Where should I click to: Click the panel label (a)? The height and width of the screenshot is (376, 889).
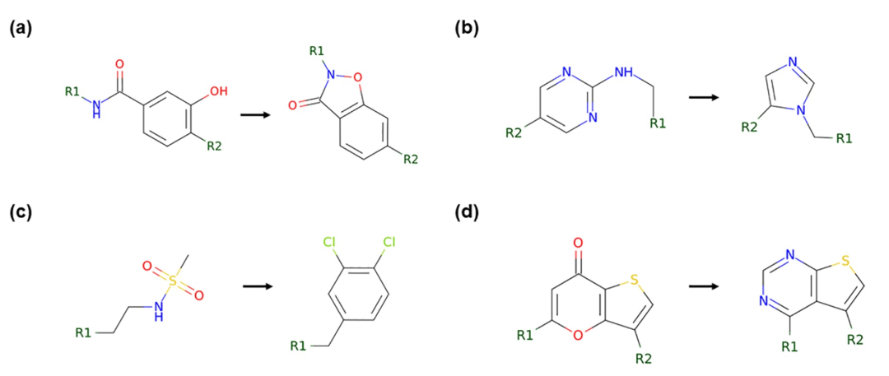[x=21, y=27]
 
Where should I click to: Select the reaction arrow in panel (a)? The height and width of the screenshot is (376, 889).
[x=257, y=114]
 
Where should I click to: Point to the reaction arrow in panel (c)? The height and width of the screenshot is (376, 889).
[x=260, y=287]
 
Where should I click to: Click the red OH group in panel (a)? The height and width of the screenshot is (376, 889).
[x=217, y=91]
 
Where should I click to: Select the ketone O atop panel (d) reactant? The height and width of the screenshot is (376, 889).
[x=577, y=243]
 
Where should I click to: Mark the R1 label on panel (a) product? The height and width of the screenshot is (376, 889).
[x=317, y=51]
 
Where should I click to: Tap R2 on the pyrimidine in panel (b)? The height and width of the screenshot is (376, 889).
[x=514, y=132]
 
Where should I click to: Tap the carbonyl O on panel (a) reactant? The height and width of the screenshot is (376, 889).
[x=121, y=62]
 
